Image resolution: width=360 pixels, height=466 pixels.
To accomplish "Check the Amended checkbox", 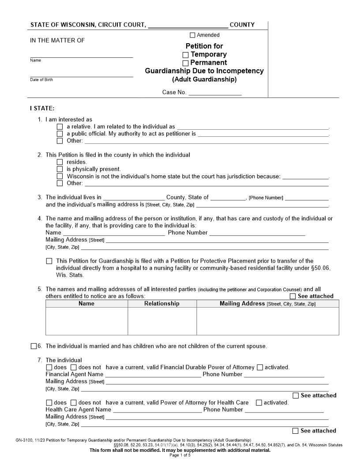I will point(192,35).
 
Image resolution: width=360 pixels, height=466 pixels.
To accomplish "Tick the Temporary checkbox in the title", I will point(186,55).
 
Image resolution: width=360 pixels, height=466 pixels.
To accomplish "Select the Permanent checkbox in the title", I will point(186,63).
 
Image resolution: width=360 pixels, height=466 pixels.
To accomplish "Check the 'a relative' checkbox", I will point(60,127).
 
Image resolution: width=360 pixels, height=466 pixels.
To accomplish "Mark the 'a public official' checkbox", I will point(60,134).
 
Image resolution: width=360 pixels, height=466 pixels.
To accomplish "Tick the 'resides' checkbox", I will point(60,162).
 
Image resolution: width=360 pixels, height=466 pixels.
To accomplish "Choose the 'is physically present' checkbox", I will point(60,169).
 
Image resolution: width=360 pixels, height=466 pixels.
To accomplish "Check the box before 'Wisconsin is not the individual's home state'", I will point(60,176).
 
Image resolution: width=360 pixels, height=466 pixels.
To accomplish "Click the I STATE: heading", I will point(42,109).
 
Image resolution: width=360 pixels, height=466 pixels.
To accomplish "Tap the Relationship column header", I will point(162,304).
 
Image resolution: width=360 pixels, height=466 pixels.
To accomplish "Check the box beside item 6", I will point(34,346).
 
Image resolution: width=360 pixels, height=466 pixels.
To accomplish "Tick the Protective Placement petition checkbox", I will point(49,261).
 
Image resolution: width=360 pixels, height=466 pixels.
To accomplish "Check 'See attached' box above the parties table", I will point(293,297).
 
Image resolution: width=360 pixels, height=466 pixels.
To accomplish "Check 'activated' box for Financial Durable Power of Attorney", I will point(260,367).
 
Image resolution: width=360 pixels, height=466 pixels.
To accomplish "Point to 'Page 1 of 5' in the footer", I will point(180,455).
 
